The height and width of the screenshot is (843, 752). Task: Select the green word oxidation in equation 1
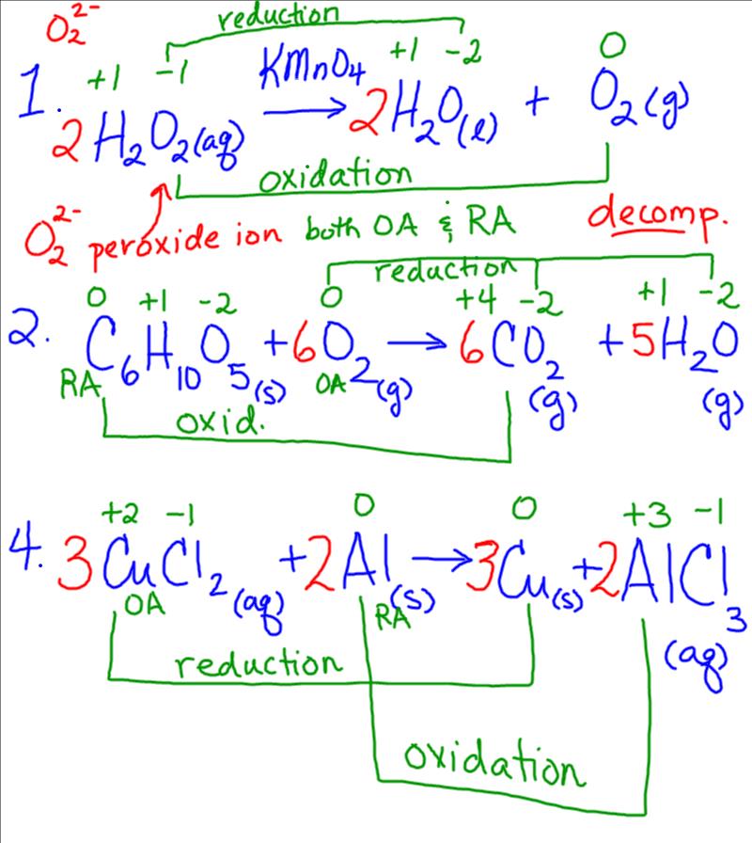click(335, 175)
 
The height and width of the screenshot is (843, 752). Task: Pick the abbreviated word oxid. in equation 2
click(219, 420)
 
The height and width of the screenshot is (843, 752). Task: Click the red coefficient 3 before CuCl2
click(73, 565)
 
